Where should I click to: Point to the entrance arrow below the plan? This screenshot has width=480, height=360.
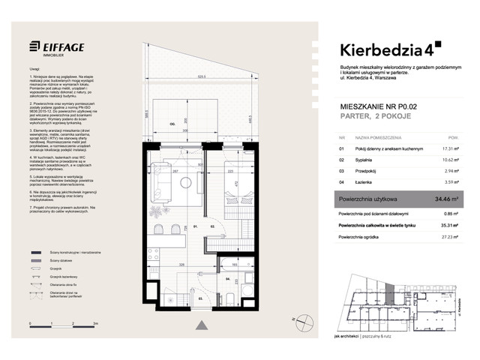pyautogui.click(x=202, y=325)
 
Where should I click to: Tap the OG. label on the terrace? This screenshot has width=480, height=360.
pyautogui.click(x=172, y=124)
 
